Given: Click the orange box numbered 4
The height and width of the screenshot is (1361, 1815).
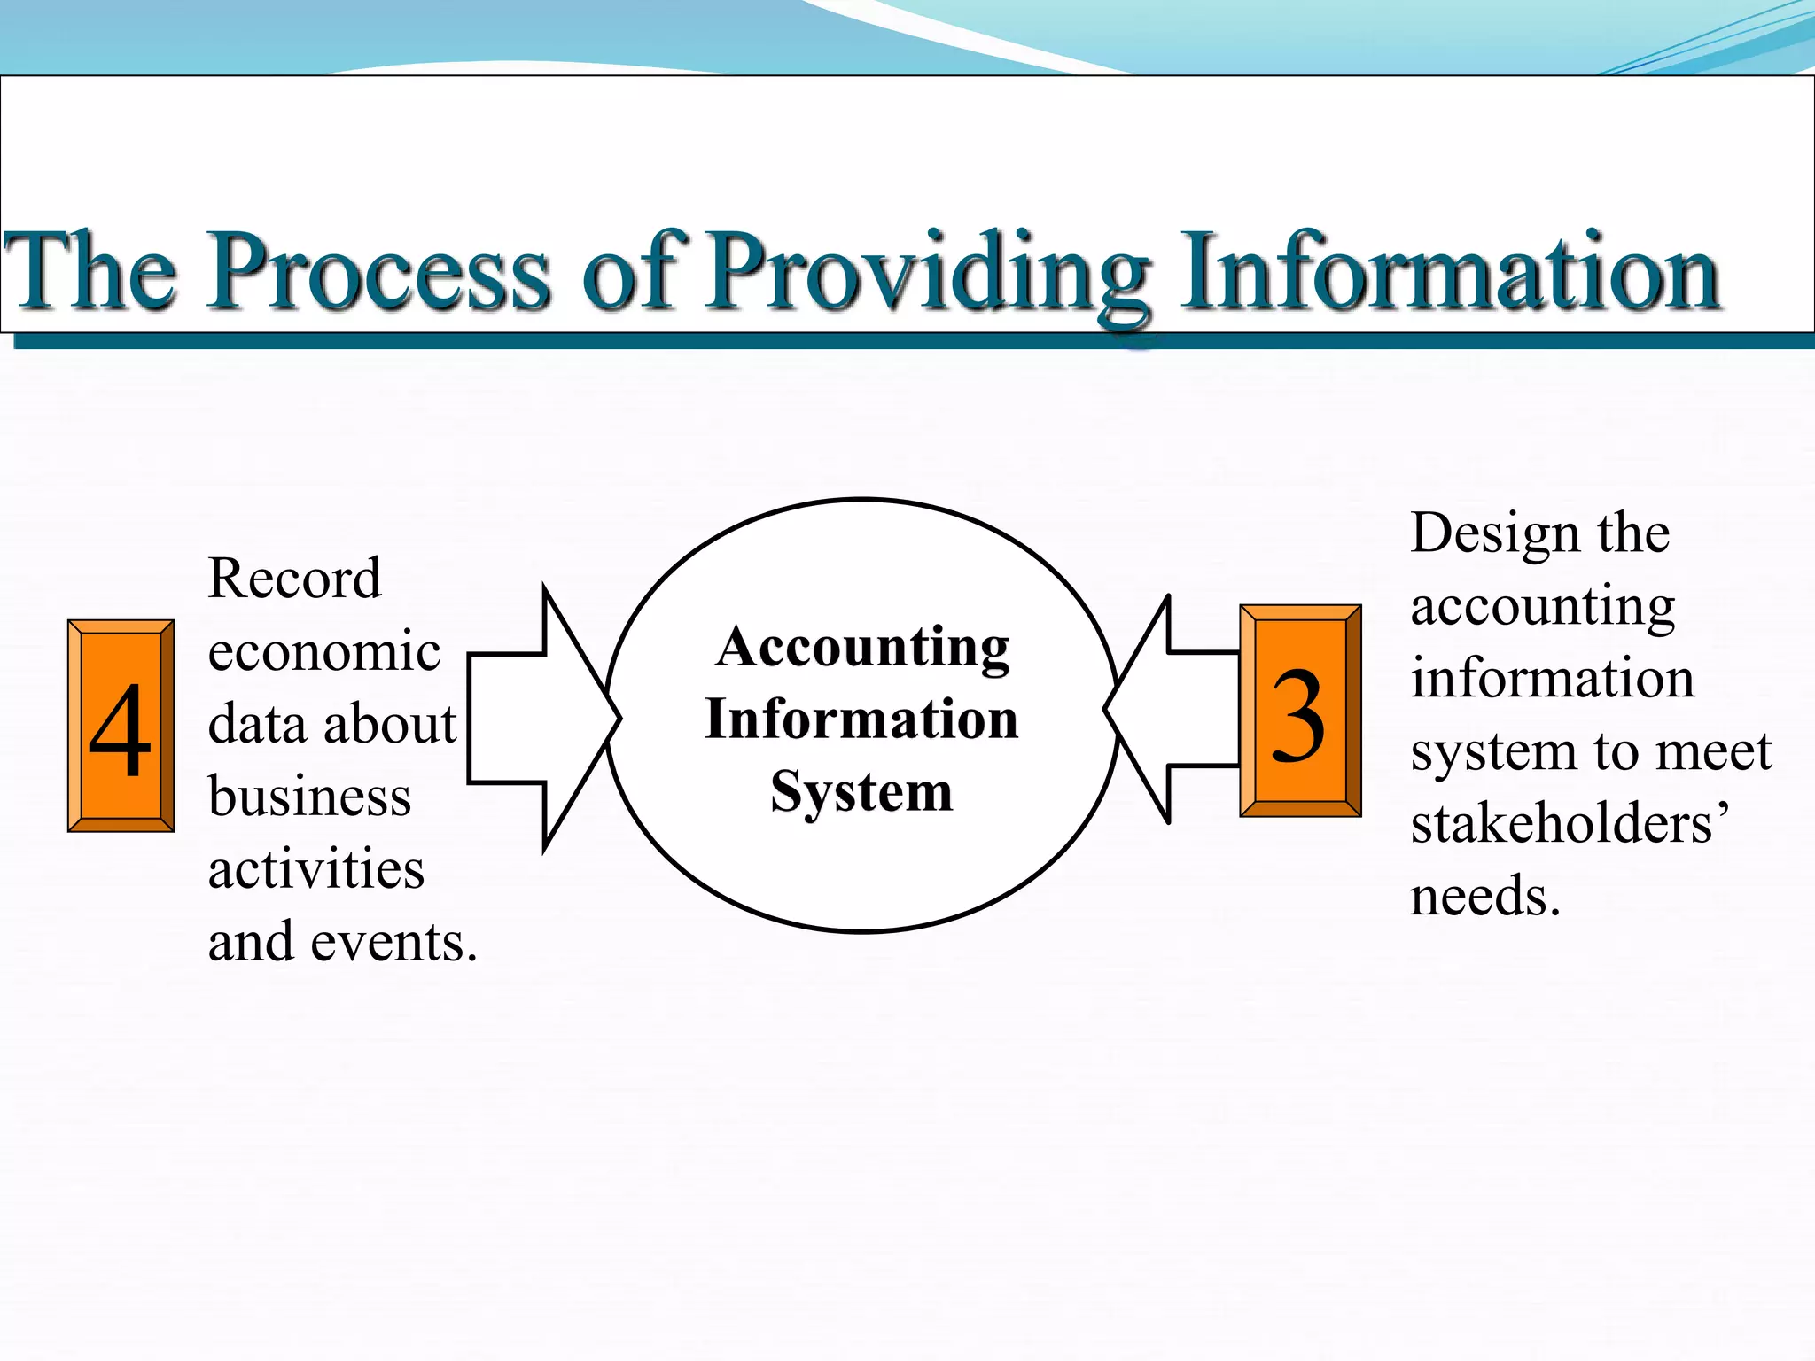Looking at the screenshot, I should coord(121,726).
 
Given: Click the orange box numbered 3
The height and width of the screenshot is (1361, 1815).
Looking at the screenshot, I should coord(1300,711).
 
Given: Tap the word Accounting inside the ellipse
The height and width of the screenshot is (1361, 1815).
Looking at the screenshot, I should coord(862,648).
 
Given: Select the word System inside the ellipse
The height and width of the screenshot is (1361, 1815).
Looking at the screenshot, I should coord(861,791).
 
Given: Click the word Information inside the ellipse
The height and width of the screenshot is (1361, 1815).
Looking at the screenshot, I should coord(861,719).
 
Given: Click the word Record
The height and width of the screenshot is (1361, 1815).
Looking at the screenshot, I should coord(294,579).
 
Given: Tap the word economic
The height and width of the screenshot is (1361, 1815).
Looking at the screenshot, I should coord(323,652).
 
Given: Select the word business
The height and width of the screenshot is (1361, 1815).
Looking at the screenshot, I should coord(309,797).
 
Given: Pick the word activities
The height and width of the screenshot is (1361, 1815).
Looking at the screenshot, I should coord(315,869).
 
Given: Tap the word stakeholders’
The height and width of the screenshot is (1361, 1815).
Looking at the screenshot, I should coord(1569,824).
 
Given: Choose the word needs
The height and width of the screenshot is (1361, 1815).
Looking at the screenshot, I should coord(1484,897).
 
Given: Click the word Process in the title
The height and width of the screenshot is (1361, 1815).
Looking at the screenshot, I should coord(379,270).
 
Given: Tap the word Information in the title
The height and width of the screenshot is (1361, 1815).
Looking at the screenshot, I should coord(1450,270).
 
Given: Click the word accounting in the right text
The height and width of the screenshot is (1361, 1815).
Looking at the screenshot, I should coord(1542,608).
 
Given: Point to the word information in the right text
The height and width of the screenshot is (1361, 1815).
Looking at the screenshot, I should coord(1552,680).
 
